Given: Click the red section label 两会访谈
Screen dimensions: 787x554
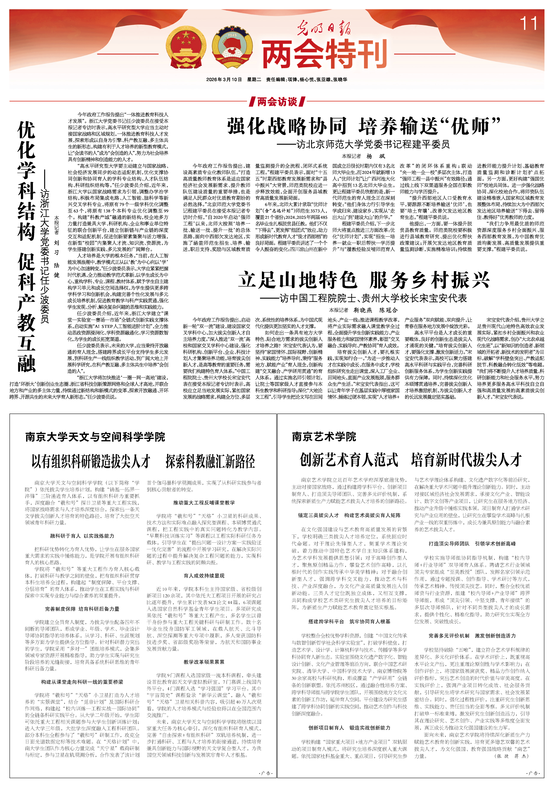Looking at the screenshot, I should click(x=277, y=102).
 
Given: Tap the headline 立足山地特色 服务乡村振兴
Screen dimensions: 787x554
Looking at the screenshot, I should click(x=364, y=280).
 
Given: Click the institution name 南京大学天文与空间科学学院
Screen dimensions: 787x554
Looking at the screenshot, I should click(x=95, y=437).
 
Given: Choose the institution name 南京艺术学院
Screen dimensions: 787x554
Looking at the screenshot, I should click(x=324, y=436).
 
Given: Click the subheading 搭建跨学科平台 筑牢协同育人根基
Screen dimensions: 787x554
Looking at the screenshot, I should click(x=349, y=621).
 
